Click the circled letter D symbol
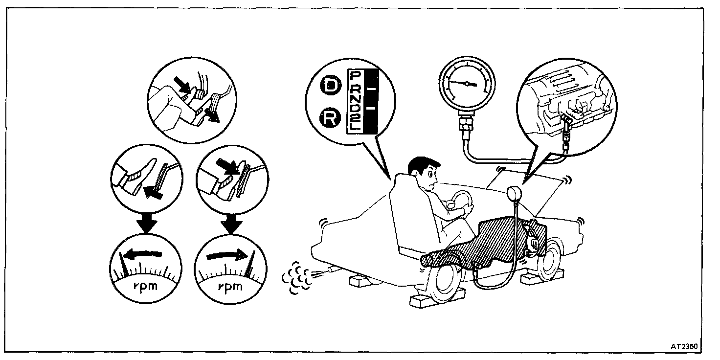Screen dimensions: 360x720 [331, 87]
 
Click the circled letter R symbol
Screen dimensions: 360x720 [331, 117]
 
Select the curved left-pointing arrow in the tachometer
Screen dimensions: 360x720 [142, 253]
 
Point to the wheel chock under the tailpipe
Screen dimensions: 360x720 [363, 281]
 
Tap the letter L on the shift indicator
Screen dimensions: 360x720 [356, 127]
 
